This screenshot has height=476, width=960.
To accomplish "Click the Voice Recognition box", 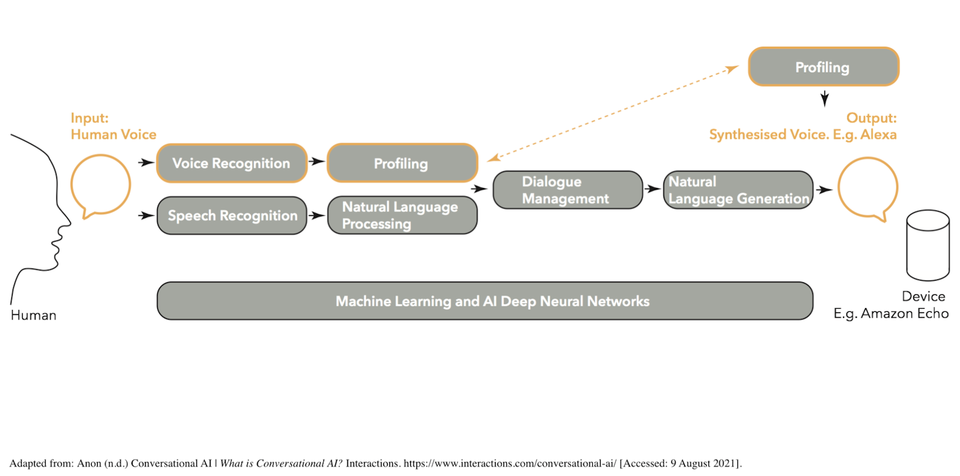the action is click(x=232, y=163).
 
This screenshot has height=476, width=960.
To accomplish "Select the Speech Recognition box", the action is click(x=232, y=215).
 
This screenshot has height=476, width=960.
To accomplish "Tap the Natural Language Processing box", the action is click(x=403, y=215).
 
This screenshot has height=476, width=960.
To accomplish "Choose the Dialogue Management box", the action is click(x=568, y=190).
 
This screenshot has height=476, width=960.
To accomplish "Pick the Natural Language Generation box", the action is click(x=738, y=190).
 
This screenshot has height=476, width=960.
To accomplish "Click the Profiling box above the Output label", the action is click(x=824, y=67).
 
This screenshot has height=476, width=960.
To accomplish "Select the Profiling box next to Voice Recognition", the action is click(x=403, y=163).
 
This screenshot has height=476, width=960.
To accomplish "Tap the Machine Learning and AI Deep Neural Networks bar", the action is click(x=485, y=301).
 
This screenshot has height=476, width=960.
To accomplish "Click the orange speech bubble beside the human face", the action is click(x=71, y=185).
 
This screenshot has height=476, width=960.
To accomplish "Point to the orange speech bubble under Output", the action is click(x=839, y=188).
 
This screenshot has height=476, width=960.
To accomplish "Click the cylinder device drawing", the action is click(x=928, y=245).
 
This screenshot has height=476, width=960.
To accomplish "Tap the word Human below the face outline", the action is click(x=34, y=315).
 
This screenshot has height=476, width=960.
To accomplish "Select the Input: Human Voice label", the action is click(x=113, y=126).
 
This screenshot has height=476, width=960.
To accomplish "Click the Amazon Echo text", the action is click(x=905, y=314).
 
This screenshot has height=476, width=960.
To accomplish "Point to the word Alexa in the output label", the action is click(x=878, y=134).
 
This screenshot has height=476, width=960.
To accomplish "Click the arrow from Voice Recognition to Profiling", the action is click(x=317, y=161).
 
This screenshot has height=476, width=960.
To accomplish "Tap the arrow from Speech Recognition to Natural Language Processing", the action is click(x=317, y=215).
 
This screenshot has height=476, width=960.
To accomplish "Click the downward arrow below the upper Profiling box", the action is click(x=824, y=99).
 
